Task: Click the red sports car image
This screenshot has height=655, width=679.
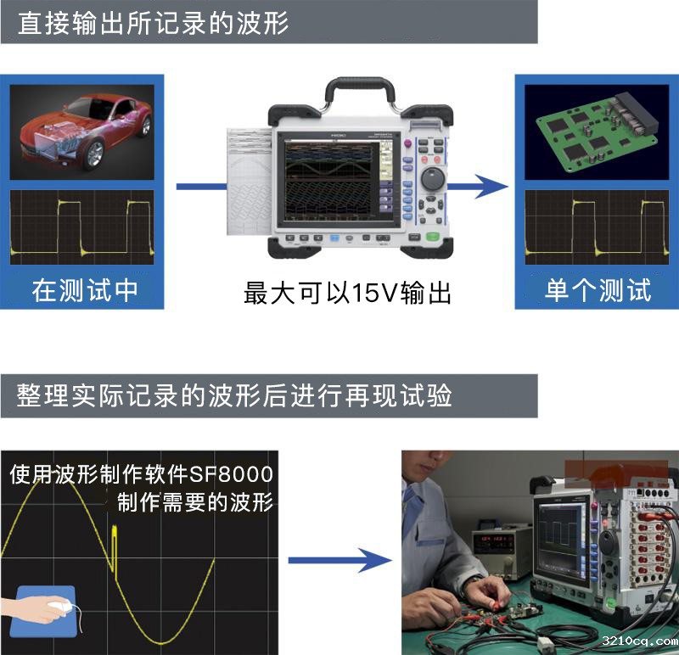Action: click(81, 132)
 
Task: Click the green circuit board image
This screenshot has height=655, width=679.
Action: click(597, 132)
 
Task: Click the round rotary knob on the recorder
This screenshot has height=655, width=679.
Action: click(433, 178)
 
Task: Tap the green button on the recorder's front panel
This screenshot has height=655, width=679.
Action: click(433, 237)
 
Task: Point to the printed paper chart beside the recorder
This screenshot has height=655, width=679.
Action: click(250, 182)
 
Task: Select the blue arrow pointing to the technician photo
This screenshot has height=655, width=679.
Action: click(340, 561)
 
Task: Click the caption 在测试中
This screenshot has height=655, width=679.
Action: click(85, 290)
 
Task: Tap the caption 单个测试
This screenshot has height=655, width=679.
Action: click(598, 290)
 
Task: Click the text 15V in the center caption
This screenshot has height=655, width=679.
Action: click(374, 293)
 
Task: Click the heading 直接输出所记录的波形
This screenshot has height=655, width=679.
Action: click(154, 23)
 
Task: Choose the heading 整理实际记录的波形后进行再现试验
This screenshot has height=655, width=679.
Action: click(234, 395)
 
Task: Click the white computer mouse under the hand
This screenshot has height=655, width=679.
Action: click(60, 605)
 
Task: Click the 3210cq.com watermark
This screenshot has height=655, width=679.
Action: click(640, 641)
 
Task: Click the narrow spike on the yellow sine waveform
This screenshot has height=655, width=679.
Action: click(115, 548)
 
